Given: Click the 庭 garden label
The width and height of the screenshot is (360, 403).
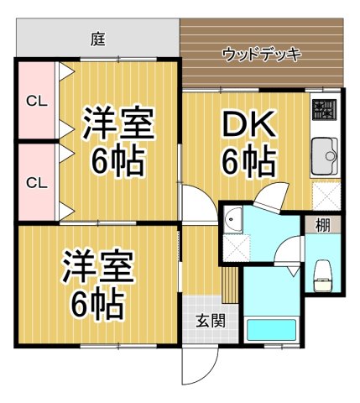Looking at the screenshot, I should tap(98, 38).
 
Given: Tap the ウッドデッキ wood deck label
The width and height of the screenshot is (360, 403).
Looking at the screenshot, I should tap(262, 55).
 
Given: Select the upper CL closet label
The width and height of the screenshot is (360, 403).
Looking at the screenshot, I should tap(35, 102).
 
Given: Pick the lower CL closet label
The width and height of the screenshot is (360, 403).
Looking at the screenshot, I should tap(35, 182).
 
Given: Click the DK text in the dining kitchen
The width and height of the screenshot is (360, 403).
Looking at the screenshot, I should tap(249, 125).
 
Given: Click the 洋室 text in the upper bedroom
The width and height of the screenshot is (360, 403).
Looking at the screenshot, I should tap(118, 123).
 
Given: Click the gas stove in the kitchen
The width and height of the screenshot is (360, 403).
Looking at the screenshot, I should tap(324, 109).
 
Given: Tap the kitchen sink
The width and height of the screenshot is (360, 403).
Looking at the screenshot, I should tap(324, 154).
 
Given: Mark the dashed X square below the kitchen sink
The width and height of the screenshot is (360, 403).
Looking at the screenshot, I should tap(324, 195).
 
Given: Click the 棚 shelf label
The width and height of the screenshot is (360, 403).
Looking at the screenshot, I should tap(322, 225).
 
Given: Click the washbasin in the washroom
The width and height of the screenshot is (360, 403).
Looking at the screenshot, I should tap(234, 221).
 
